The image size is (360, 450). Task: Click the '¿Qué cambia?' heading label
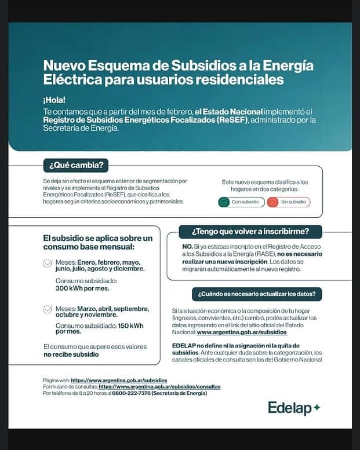[76, 165]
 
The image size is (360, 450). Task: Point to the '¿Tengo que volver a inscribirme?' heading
[250, 231]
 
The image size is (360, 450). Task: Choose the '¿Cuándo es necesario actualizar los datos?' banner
[257, 294]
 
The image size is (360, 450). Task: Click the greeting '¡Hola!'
[54, 100]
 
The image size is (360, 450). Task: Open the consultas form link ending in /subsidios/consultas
[159, 386]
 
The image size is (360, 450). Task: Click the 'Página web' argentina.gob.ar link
[119, 380]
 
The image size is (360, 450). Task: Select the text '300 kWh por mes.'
[79, 288]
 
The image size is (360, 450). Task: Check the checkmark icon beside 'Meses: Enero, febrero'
[48, 264]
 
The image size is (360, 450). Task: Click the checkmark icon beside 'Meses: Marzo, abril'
[48, 309]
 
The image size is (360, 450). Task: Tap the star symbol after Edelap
[317, 408]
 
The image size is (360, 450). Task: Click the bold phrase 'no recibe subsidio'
[71, 354]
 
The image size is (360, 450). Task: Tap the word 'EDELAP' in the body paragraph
[186, 345]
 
